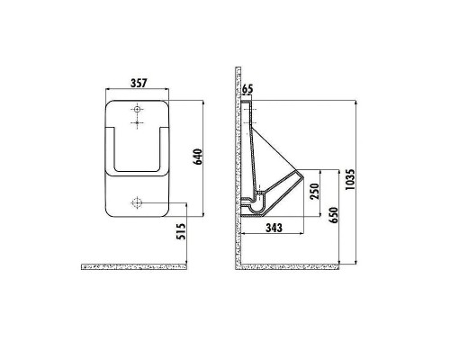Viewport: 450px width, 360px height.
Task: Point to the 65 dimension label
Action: (248, 89)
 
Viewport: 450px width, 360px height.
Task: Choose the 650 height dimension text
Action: (335, 216)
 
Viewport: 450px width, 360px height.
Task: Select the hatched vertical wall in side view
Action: (238, 162)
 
